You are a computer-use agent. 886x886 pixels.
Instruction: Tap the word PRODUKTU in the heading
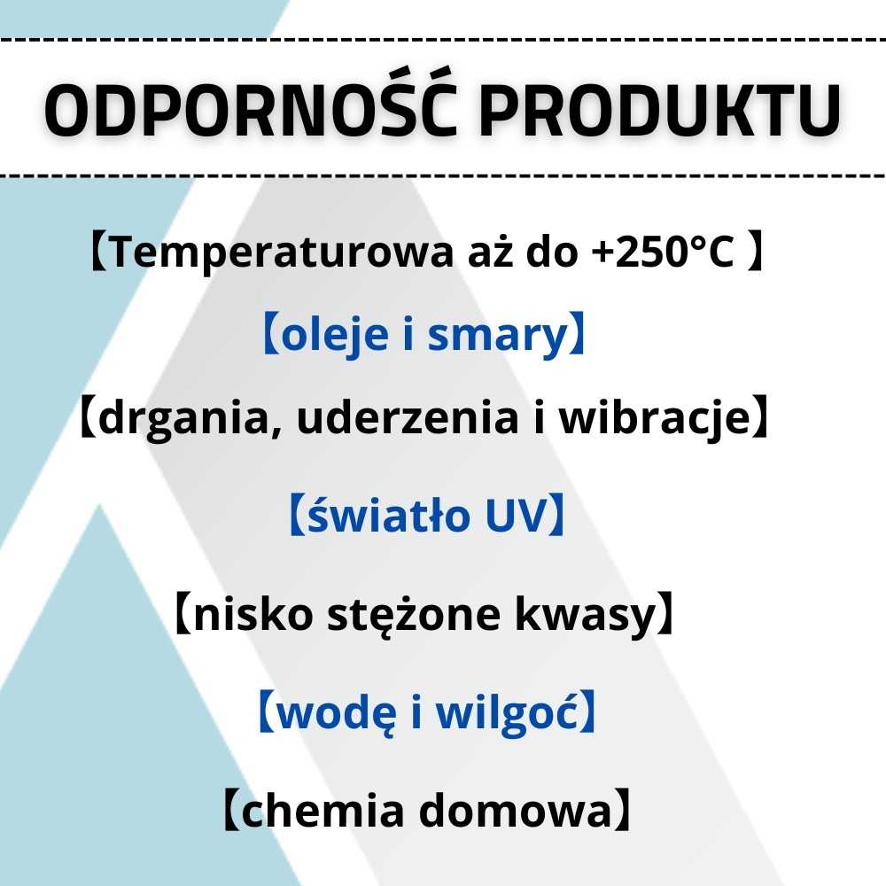(660, 112)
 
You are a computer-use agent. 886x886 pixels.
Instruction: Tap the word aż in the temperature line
(488, 253)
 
